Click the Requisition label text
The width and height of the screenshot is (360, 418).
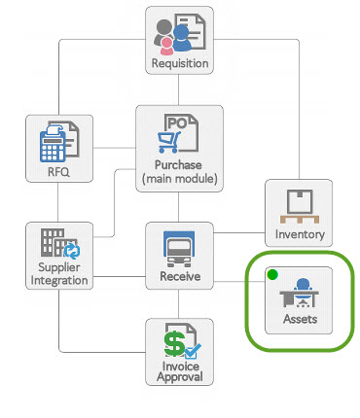click(x=180, y=64)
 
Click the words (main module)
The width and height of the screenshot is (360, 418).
click(x=180, y=180)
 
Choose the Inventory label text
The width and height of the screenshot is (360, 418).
click(x=299, y=234)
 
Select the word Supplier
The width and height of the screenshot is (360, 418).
click(x=60, y=268)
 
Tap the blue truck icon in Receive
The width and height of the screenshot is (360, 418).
click(x=179, y=249)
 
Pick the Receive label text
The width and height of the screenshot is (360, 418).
click(x=179, y=277)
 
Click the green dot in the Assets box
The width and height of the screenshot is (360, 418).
click(x=273, y=274)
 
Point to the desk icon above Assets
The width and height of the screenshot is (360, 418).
click(x=300, y=292)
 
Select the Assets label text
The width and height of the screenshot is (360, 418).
click(x=300, y=319)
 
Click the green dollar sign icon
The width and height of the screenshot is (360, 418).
click(x=175, y=343)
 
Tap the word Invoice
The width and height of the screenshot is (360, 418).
click(x=179, y=367)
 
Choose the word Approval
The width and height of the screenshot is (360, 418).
click(x=179, y=379)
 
